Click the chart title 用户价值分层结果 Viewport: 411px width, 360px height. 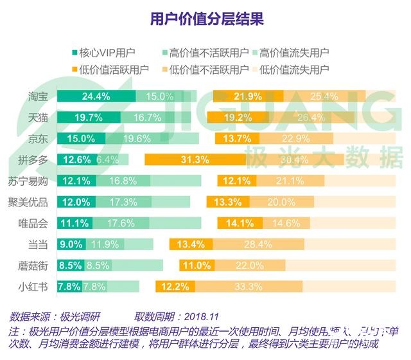[206, 18]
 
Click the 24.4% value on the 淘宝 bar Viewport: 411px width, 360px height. [96, 96]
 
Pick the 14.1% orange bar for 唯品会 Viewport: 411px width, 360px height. [238, 223]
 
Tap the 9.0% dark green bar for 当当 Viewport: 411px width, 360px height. [71, 244]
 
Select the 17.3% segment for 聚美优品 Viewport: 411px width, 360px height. [123, 202]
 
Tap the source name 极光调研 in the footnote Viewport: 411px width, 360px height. [85, 317]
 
